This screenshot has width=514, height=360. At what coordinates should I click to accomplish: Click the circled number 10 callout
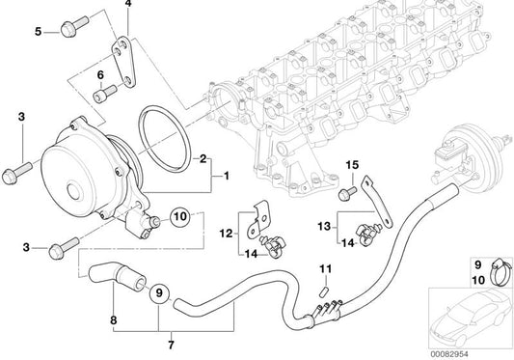[x=180, y=216]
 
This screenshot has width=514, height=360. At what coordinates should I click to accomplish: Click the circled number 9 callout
[x=159, y=292]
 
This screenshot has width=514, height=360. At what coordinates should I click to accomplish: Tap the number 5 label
[x=39, y=32]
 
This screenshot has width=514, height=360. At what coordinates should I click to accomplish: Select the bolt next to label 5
[x=74, y=26]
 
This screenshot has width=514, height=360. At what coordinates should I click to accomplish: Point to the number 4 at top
[x=128, y=4]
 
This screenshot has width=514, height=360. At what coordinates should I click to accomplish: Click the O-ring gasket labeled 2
[x=164, y=139]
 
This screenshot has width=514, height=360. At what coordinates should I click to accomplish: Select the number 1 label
[x=227, y=177]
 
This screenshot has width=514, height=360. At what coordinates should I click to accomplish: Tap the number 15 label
[x=353, y=165]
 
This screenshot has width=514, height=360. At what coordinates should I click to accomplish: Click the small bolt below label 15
[x=347, y=193]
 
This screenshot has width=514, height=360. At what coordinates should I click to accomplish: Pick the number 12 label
[x=227, y=234]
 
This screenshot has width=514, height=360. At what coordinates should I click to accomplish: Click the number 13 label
[x=324, y=227]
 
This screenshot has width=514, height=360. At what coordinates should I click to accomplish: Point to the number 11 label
[x=326, y=269]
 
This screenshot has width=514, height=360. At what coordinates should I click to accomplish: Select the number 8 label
[x=114, y=320]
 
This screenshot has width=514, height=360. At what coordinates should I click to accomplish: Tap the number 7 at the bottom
[x=171, y=345]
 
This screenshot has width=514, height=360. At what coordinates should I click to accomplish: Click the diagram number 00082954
[x=449, y=354]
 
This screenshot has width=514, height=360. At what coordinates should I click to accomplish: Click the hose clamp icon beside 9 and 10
[x=500, y=272]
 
